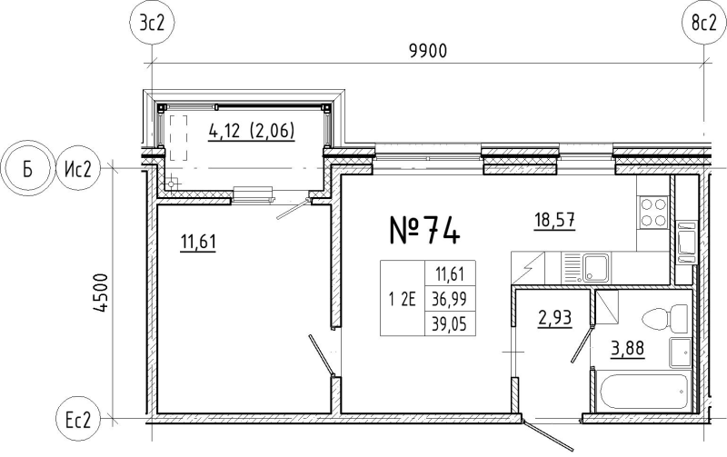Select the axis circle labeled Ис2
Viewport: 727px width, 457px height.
click(x=78, y=168)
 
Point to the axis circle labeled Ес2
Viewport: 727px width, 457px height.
click(x=78, y=421)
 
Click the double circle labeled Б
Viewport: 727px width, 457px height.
click(x=27, y=168)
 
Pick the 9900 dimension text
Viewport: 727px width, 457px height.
click(x=428, y=51)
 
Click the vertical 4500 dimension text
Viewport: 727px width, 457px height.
click(x=100, y=293)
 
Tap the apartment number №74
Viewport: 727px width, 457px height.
click(x=424, y=230)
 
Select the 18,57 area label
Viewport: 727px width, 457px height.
click(x=555, y=220)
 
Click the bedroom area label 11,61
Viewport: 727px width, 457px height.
click(x=198, y=242)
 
